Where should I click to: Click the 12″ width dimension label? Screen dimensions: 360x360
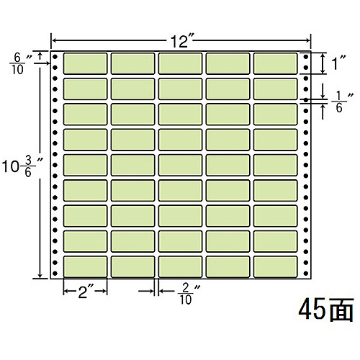pyautogui.click(x=180, y=41)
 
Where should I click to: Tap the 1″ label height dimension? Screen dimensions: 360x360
pyautogui.click(x=338, y=63)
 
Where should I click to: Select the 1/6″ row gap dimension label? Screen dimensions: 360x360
pyautogui.click(x=342, y=102)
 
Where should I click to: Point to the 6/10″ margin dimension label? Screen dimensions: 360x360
pyautogui.click(x=20, y=64)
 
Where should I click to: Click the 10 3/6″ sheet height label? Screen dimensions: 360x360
pyautogui.click(x=22, y=166)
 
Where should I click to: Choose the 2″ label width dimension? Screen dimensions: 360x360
pyautogui.click(x=85, y=292)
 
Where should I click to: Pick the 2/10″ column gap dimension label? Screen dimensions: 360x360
pyautogui.click(x=189, y=294)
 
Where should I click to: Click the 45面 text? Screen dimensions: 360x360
pyautogui.click(x=326, y=310)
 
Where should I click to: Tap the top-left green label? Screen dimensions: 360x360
pyautogui.click(x=85, y=63)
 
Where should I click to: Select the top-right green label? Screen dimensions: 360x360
pyautogui.click(x=275, y=63)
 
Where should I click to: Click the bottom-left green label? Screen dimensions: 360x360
pyautogui.click(x=85, y=267)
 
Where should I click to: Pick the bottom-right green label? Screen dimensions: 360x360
pyautogui.click(x=275, y=267)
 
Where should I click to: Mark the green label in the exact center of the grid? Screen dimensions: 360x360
pyautogui.click(x=180, y=165)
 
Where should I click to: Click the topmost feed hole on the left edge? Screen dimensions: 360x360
pyautogui.click(x=55, y=57)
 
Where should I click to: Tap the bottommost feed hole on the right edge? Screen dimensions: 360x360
pyautogui.click(x=306, y=273)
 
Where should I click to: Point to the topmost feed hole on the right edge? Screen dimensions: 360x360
pyautogui.click(x=306, y=57)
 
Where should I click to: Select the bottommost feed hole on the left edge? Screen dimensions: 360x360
pyautogui.click(x=55, y=273)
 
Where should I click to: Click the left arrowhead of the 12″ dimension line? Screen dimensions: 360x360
pyautogui.click(x=54, y=41)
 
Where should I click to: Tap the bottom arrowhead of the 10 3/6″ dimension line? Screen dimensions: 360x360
pyautogui.click(x=40, y=276)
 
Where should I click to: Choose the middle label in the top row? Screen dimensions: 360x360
pyautogui.click(x=180, y=63)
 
